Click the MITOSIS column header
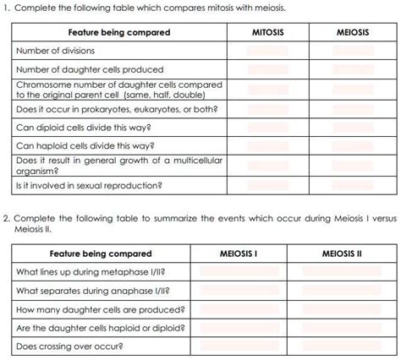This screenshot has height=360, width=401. pyautogui.click(x=267, y=32)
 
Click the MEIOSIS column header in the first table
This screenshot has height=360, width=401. pyautogui.click(x=352, y=32)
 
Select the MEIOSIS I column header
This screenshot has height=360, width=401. pyautogui.click(x=238, y=254)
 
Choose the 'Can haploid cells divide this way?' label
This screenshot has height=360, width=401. pyautogui.click(x=84, y=146)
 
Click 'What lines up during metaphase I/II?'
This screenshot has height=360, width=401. pyautogui.click(x=91, y=272)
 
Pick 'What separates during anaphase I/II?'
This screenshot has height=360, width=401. pyautogui.click(x=90, y=291)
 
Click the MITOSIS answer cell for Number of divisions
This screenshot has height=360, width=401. pyautogui.click(x=267, y=51)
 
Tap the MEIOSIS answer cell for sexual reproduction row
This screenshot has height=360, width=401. pyautogui.click(x=352, y=185)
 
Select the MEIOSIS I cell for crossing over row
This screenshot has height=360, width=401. pyautogui.click(x=238, y=346)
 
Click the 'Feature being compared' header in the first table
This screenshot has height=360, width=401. pyautogui.click(x=119, y=32)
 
